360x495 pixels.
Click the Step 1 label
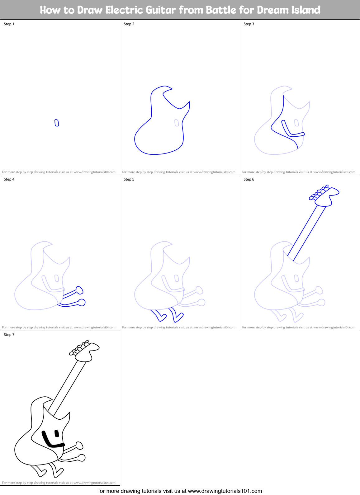9,24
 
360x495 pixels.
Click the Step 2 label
129,24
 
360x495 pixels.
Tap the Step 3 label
249,24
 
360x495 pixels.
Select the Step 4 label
9,179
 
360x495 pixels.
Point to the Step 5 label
129,179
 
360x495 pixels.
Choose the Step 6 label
249,179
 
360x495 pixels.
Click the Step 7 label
9,335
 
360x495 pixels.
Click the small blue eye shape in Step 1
57,123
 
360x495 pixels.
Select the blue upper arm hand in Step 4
79,290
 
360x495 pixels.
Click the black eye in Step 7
57,433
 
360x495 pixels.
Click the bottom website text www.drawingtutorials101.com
225,491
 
